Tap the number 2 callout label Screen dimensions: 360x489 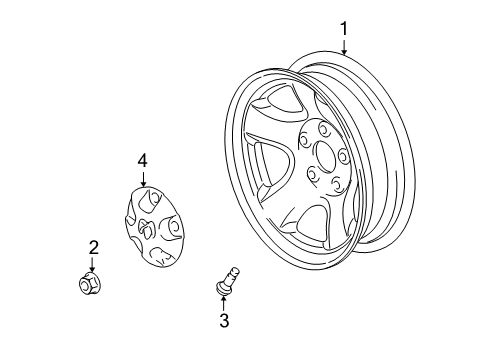(x=92, y=247)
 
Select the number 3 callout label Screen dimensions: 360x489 (x=224, y=320)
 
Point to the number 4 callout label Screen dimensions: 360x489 (x=142, y=160)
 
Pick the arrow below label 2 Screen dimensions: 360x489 (x=92, y=265)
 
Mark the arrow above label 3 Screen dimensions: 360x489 (x=224, y=301)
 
